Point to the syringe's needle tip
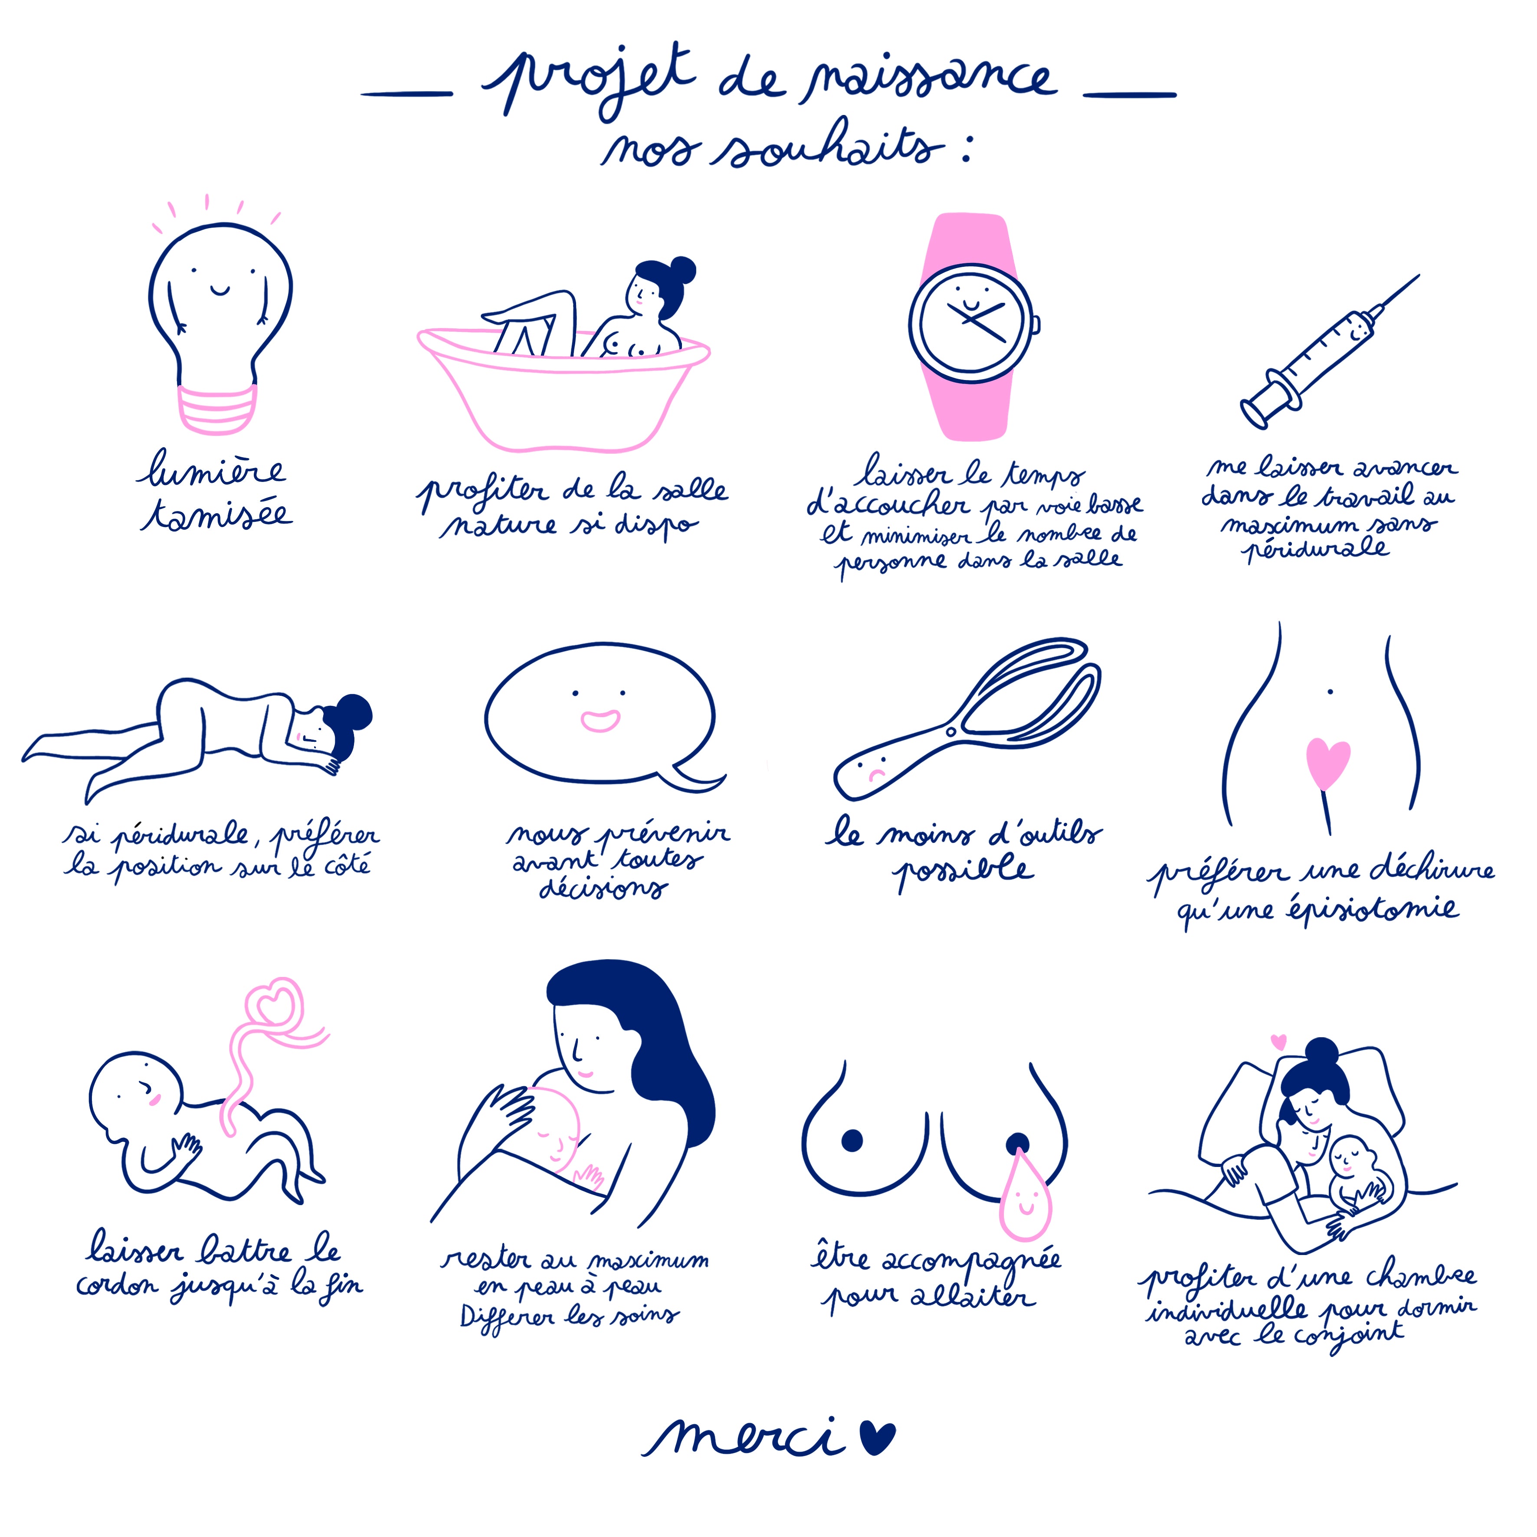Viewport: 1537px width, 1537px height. point(1419,276)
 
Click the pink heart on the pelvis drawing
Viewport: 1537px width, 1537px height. point(1328,764)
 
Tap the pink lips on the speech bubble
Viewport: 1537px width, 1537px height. point(600,720)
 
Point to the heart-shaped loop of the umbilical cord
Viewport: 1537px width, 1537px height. point(273,1005)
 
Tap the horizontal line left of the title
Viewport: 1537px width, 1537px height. point(406,94)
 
